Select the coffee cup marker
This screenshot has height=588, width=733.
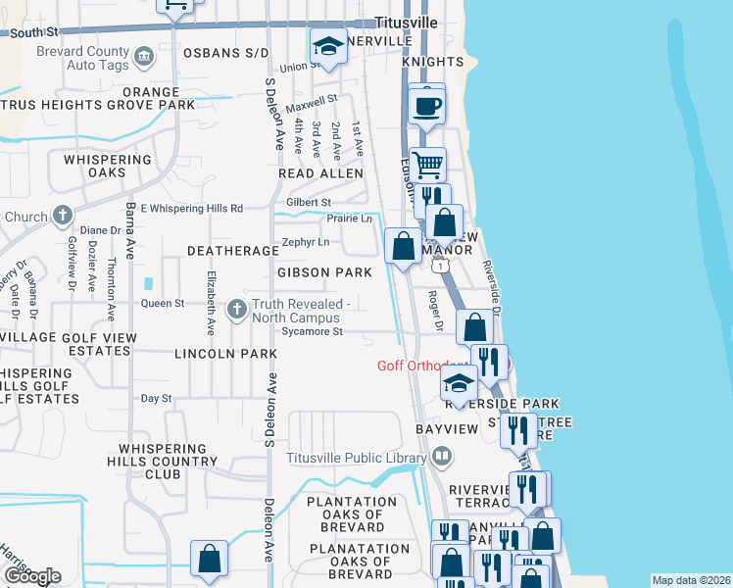(425, 106)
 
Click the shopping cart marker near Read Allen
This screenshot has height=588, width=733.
(427, 164)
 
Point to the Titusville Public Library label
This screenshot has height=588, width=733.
(357, 457)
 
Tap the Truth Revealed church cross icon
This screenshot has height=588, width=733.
(236, 310)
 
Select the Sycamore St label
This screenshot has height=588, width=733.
(311, 331)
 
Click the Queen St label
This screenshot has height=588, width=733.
(163, 304)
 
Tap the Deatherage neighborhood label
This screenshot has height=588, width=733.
(233, 251)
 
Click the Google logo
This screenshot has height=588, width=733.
(31, 576)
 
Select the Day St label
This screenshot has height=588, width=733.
(156, 398)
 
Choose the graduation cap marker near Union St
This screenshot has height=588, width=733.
(328, 45)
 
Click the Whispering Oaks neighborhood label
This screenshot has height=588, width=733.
(108, 166)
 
